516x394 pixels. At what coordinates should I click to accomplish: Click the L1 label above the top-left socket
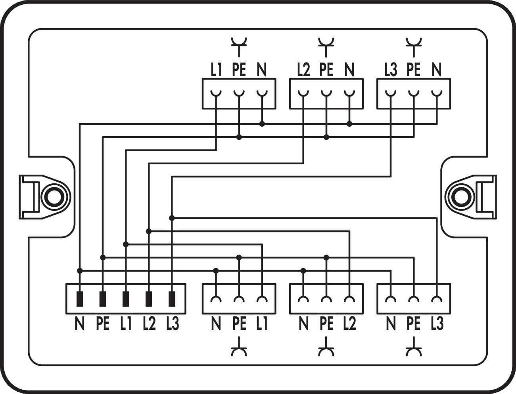[216, 69]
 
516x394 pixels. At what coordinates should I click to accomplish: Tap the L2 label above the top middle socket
[303, 69]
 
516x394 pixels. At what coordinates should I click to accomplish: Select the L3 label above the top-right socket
[391, 69]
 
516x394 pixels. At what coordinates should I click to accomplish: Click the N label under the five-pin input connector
[80, 324]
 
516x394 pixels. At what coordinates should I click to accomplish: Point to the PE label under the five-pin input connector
[103, 324]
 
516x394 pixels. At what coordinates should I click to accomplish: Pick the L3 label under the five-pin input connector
[173, 324]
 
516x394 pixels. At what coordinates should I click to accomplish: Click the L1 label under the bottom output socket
[261, 324]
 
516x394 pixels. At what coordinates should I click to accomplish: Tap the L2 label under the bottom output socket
[349, 324]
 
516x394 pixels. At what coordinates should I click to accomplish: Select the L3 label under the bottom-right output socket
[437, 324]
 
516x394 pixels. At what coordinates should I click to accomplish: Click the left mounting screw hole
[54, 197]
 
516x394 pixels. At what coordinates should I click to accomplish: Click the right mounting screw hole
[461, 197]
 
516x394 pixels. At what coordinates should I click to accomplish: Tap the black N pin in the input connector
[80, 299]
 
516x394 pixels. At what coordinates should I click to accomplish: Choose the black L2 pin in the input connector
[149, 299]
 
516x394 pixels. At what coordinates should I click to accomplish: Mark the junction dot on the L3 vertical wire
[172, 218]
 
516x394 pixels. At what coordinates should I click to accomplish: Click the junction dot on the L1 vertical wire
[126, 245]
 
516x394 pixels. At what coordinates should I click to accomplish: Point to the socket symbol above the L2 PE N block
[326, 47]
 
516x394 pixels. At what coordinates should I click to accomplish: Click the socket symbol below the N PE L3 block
[414, 346]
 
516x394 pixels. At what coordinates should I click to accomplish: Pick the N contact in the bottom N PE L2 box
[303, 299]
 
